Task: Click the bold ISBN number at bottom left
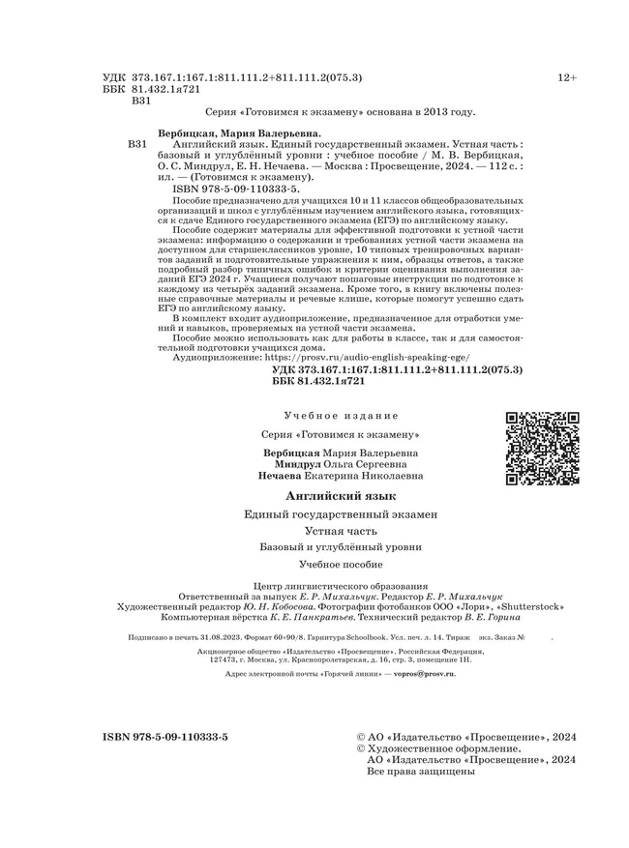[165, 737]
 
